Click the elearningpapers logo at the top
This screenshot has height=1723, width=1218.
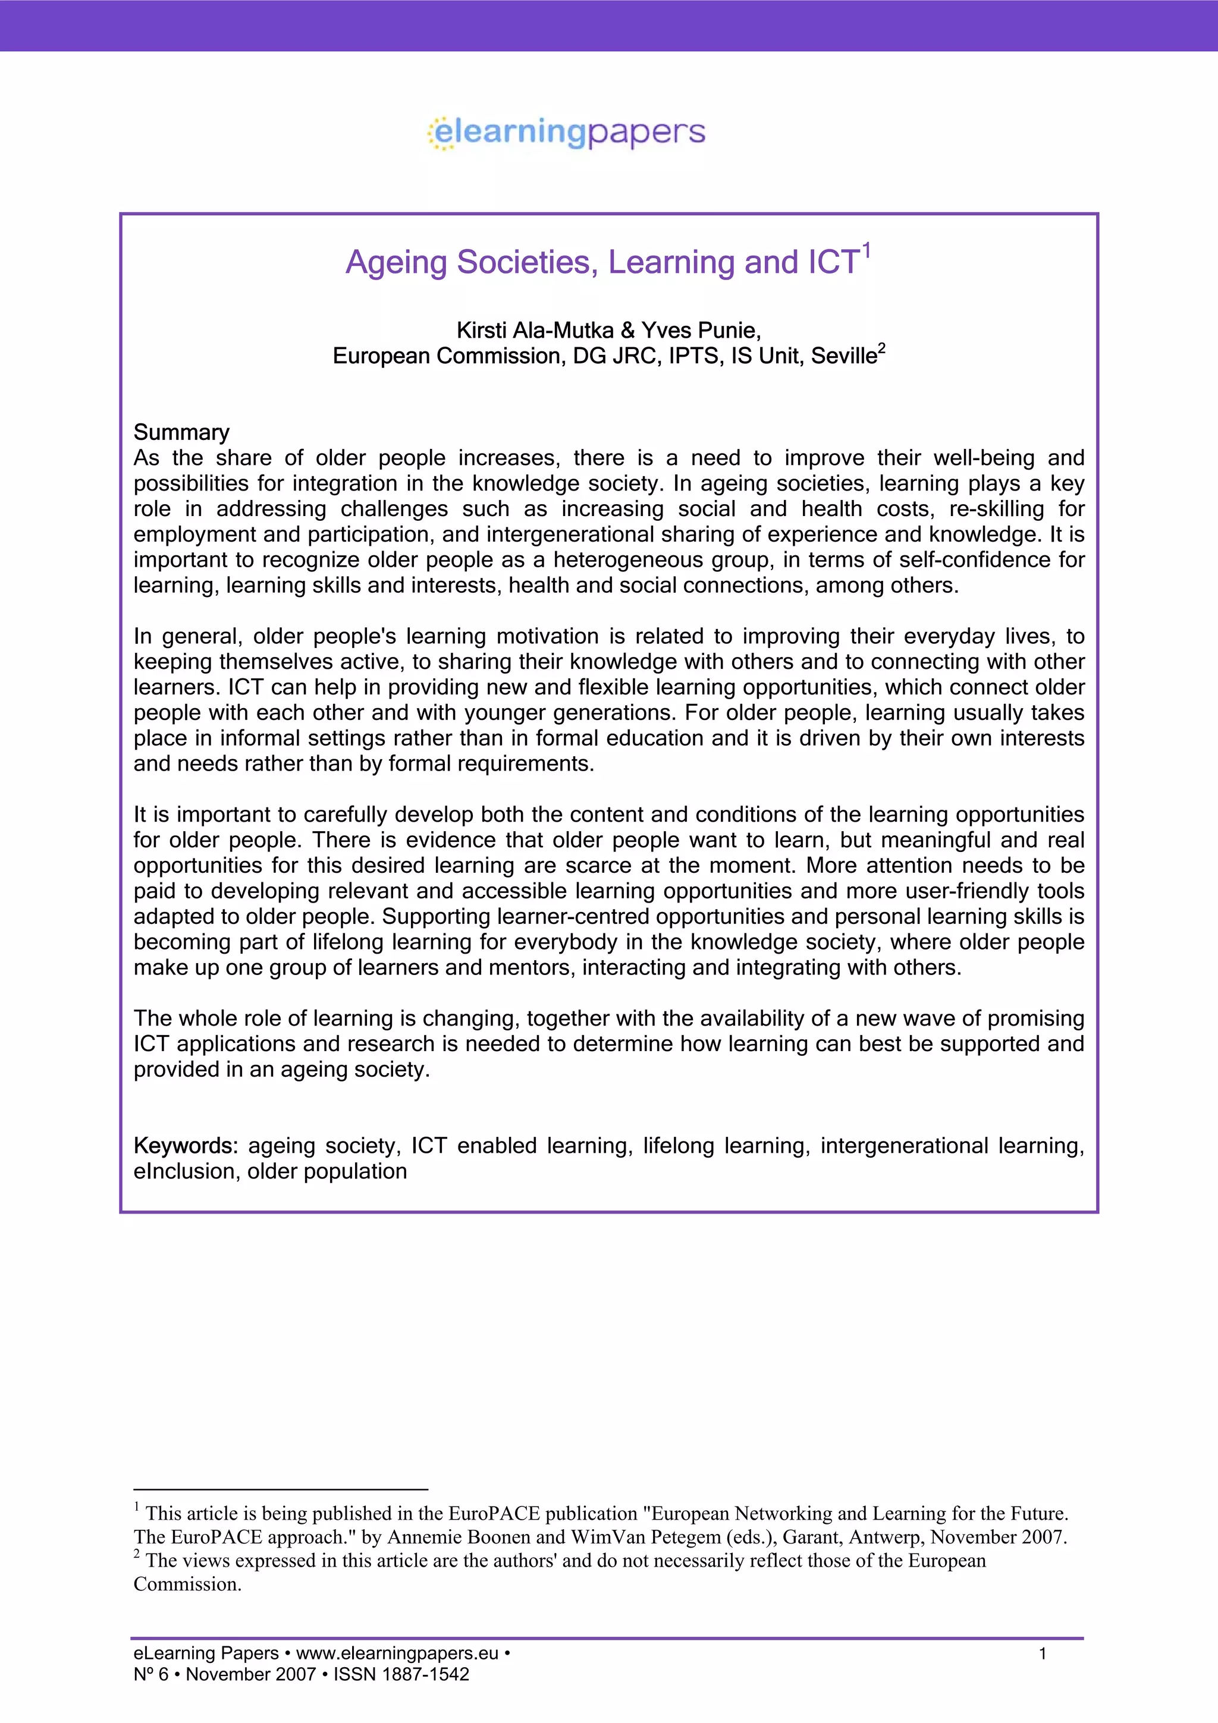[567, 133]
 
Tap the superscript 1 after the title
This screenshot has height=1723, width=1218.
[866, 250]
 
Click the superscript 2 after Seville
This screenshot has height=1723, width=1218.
[882, 348]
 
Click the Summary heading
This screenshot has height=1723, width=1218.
[181, 432]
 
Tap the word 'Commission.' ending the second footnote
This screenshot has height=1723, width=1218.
[187, 1583]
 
